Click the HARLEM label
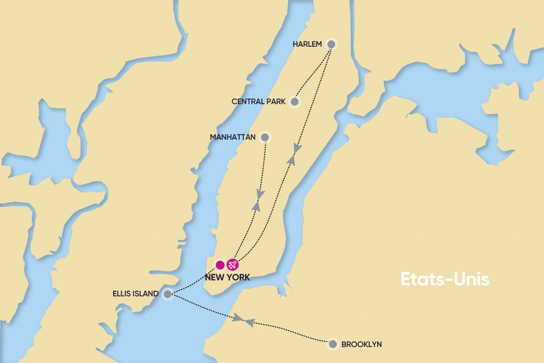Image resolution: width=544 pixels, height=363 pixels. pos(308,44)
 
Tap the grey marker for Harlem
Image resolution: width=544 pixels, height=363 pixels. pos(331,44)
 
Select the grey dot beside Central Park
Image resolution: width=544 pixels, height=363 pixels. pos(294,102)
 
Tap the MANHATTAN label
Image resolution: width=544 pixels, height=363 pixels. pos(233,137)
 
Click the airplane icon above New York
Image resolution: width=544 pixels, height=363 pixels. pos(232,264)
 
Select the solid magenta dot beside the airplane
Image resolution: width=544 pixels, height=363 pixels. pos(220,264)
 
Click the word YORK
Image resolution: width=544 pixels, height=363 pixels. pos(239,277)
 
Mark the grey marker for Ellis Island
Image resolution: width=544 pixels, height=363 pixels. pos(167,294)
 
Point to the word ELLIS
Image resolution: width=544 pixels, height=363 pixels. pos(123,293)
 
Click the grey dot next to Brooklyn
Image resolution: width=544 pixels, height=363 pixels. pos(333,344)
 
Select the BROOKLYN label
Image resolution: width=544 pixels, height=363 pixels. pos(361,344)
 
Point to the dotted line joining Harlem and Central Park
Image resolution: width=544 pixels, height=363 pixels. pos(312,73)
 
